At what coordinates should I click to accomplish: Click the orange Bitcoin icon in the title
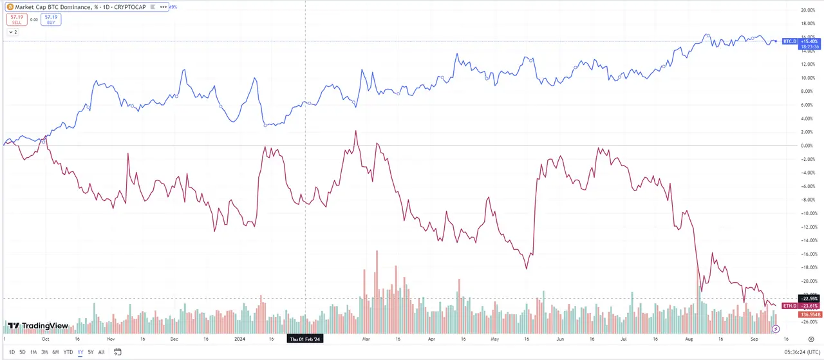click(x=10, y=7)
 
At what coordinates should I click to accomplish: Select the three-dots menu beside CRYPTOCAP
click(x=164, y=7)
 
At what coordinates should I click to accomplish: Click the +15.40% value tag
click(x=809, y=41)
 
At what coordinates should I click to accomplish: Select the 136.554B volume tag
click(x=809, y=314)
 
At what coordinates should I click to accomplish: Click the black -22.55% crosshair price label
click(x=809, y=298)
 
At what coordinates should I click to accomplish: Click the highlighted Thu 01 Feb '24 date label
click(x=306, y=338)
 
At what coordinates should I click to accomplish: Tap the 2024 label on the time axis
click(x=239, y=338)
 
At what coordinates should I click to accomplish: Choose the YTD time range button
click(x=68, y=352)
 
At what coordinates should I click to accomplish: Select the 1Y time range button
click(x=80, y=352)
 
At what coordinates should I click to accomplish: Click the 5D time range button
click(x=23, y=352)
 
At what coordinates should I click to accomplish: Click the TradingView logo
click(x=38, y=326)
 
